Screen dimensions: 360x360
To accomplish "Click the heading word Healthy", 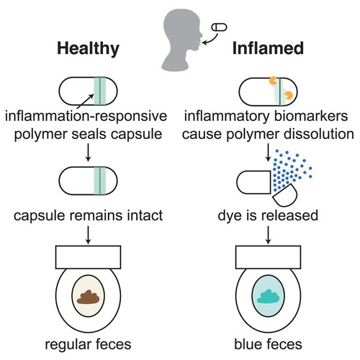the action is (88, 49).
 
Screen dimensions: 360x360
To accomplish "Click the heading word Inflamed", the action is (268, 48).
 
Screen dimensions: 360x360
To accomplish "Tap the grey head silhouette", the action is (182, 40).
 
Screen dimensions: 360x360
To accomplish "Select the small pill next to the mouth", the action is (219, 27).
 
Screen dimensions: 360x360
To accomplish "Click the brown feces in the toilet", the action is (88, 297).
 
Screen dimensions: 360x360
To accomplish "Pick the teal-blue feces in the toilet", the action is (268, 297).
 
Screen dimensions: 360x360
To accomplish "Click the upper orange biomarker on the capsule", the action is (273, 81).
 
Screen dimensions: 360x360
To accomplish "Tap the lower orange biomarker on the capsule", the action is (288, 96).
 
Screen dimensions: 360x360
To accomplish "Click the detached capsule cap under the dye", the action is (285, 195).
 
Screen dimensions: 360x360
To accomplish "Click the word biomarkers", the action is (311, 116).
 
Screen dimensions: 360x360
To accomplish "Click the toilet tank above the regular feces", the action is (88, 257).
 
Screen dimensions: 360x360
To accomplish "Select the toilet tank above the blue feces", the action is (268, 257).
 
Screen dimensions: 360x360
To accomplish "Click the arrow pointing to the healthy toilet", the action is (88, 235).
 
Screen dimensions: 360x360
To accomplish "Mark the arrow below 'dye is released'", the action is (268, 235).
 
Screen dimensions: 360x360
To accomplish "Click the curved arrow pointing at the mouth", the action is (212, 40).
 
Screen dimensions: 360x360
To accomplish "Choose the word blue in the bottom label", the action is (247, 344).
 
